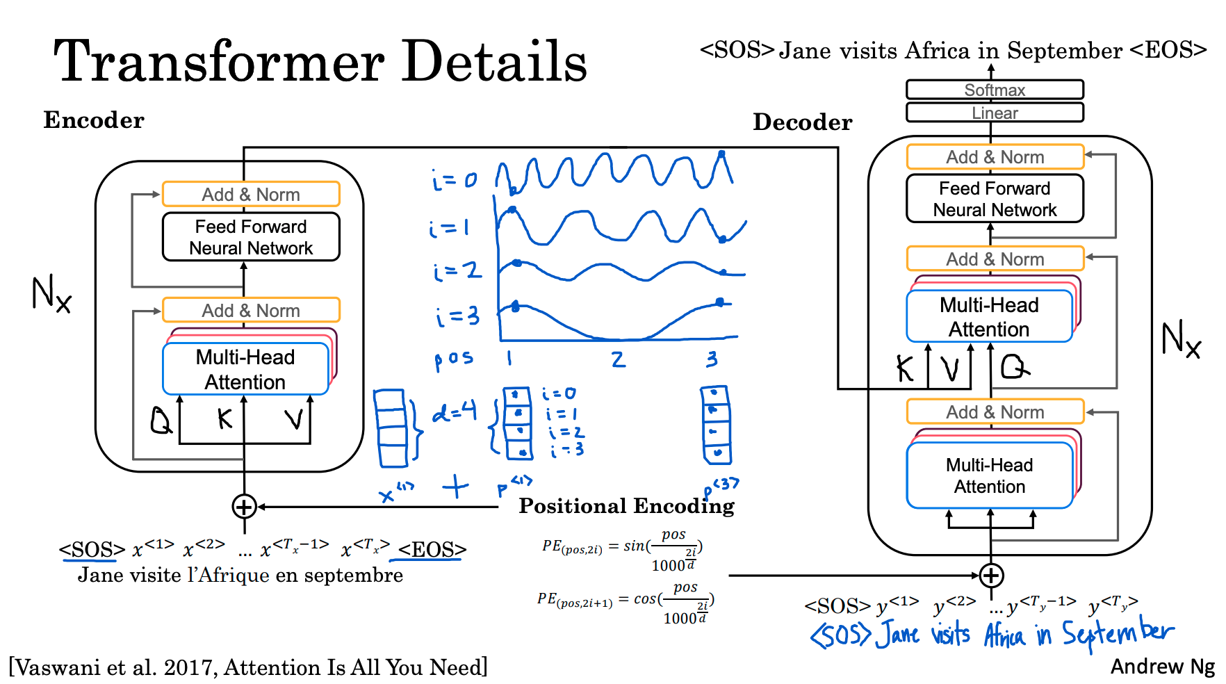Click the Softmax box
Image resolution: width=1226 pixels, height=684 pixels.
click(x=995, y=90)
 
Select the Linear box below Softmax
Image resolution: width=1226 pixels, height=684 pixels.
click(x=995, y=113)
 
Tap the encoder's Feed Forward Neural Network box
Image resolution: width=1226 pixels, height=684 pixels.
click(x=251, y=237)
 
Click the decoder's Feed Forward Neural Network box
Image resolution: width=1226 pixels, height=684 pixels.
click(x=995, y=199)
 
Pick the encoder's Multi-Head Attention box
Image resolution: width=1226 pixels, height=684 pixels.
click(x=245, y=369)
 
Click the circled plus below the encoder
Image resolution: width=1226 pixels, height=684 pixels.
click(x=244, y=507)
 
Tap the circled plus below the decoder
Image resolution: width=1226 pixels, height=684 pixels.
click(x=991, y=576)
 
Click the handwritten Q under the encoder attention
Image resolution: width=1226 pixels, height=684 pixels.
click(x=161, y=420)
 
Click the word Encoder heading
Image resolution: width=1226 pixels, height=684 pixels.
click(x=94, y=120)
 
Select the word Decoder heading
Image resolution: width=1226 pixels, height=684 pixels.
click(x=803, y=122)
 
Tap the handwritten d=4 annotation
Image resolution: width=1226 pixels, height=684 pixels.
click(x=455, y=412)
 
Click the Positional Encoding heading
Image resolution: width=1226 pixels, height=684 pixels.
click(x=626, y=506)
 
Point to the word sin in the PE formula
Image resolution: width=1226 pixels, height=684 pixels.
click(x=634, y=546)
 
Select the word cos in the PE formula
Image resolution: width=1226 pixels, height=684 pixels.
click(x=645, y=598)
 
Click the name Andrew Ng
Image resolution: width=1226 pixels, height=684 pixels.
click(x=1162, y=667)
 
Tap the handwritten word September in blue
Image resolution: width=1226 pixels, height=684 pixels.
click(x=1118, y=633)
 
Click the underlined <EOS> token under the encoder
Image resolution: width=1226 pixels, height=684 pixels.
click(x=432, y=550)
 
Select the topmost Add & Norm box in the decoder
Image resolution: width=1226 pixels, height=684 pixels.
click(x=995, y=157)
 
